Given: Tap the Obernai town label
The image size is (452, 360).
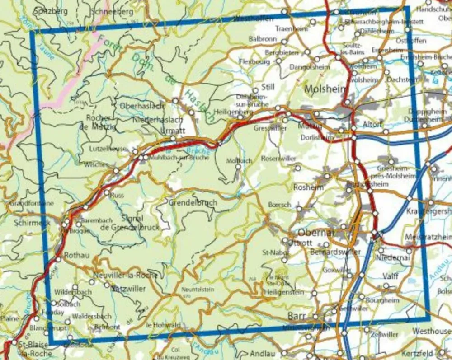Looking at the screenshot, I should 316,233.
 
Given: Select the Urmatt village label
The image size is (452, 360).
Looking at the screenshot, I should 173,131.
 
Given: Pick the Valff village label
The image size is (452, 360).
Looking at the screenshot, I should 390,276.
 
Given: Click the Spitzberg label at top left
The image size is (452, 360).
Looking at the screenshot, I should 50,10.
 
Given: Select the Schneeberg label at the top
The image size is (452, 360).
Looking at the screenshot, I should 112,12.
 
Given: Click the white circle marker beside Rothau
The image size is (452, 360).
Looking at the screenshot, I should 58,259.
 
